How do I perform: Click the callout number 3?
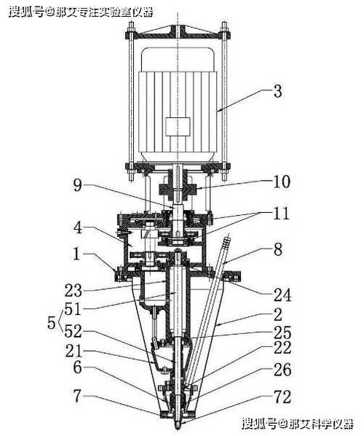tap(277, 91)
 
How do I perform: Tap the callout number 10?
tap(282, 182)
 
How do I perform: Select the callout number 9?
tap(78, 185)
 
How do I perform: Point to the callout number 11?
tap(281, 214)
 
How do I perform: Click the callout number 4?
tap(78, 227)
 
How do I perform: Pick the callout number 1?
tap(76, 254)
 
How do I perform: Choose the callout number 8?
tap(278, 249)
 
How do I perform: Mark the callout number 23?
tap(74, 291)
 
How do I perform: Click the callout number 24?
tap(282, 295)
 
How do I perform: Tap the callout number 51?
tap(73, 309)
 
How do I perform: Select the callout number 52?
tap(73, 331)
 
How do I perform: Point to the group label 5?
tap(52, 322)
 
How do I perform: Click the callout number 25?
tap(282, 333)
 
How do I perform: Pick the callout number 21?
tap(74, 351)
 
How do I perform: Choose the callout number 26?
tap(282, 370)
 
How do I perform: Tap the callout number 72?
tap(282, 397)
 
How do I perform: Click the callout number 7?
tap(77, 396)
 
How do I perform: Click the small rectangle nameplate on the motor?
tap(178, 127)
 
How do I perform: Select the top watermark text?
tap(81, 12)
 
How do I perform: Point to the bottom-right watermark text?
tap(297, 424)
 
